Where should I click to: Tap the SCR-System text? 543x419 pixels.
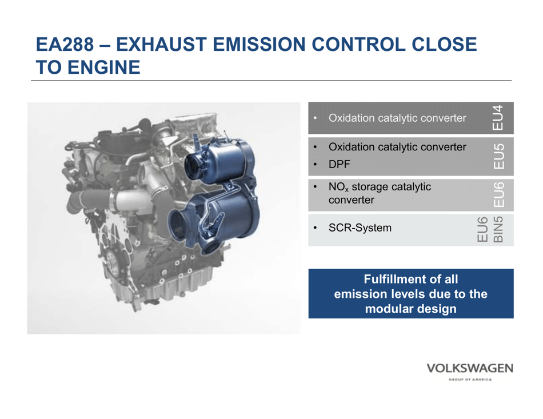click(x=360, y=228)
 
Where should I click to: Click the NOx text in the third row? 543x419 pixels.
click(x=338, y=186)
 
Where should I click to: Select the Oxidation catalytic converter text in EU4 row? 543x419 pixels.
click(x=397, y=118)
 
